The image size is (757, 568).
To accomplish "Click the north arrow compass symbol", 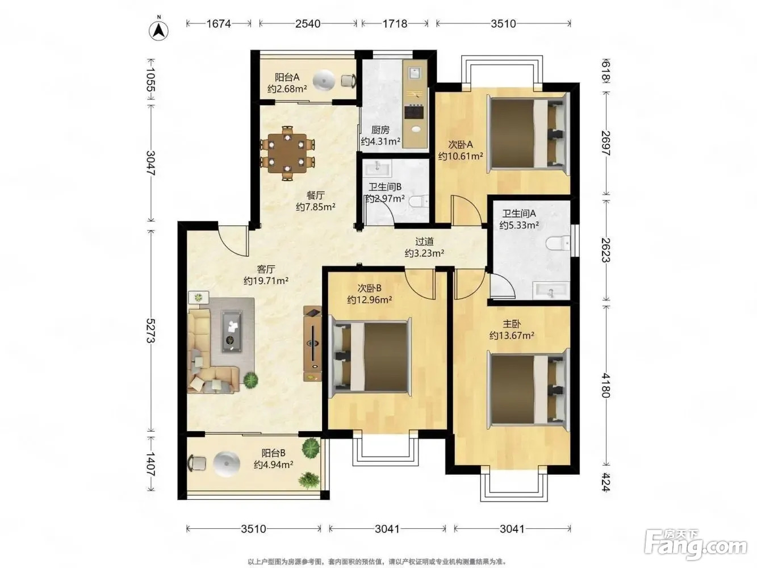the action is tap(158, 30).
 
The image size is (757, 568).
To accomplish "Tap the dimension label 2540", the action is tap(308, 24).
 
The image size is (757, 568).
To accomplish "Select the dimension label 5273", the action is tap(150, 330).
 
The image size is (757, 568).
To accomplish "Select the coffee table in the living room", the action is tap(231, 331).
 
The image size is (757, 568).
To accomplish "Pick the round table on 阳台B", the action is tap(226, 464).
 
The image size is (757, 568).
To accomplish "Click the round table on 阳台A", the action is tap(324, 80).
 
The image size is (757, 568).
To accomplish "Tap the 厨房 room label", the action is tap(380, 130).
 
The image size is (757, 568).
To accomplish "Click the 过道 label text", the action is tap(424, 242).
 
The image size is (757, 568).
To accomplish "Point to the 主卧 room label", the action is tap(512, 324).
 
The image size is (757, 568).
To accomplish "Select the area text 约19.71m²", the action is tap(266, 281).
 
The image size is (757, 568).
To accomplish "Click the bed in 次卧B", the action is tap(370, 357).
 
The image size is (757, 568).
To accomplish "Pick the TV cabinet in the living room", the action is tap(312, 344).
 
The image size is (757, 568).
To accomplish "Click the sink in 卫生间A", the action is tap(551, 290).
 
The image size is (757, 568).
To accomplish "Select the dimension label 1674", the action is tap(219, 24).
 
